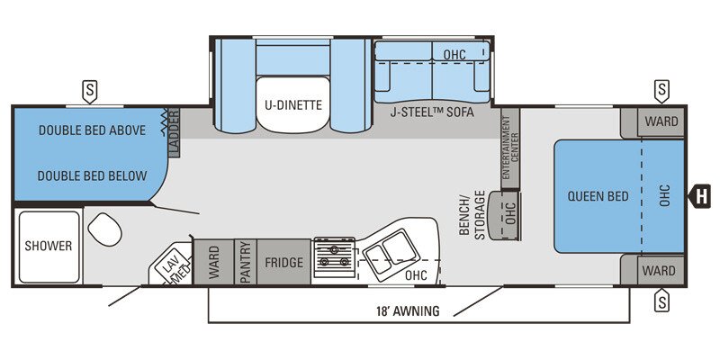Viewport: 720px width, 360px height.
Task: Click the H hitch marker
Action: [702, 193]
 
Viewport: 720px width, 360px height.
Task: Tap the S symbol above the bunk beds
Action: [90, 89]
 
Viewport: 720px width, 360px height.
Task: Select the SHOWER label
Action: [48, 245]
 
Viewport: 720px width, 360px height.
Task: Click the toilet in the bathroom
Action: [105, 230]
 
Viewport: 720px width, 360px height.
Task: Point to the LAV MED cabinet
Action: [171, 266]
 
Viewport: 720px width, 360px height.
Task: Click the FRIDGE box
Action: [283, 263]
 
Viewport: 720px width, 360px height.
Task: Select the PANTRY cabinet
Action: [245, 263]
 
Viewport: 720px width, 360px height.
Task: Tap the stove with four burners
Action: [334, 254]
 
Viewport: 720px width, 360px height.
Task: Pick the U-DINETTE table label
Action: [292, 104]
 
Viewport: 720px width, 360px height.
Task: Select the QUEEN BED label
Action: [598, 196]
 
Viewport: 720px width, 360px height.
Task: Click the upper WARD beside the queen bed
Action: [661, 121]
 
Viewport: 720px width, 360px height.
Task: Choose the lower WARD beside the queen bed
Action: [661, 270]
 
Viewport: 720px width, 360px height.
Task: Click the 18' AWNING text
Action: [408, 312]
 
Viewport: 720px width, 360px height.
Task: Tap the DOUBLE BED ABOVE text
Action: [92, 130]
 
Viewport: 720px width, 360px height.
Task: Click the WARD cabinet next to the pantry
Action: [214, 263]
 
